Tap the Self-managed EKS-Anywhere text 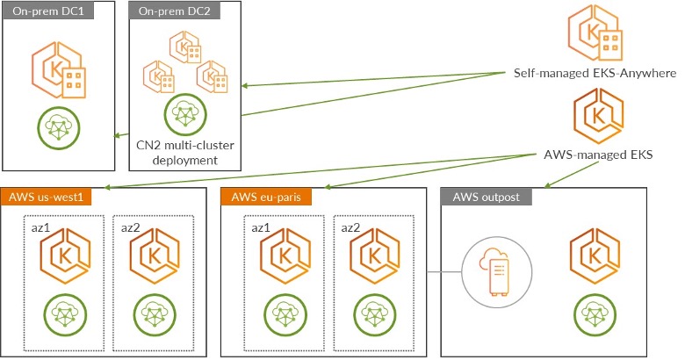[595, 74]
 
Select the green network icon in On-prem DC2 [184, 112]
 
